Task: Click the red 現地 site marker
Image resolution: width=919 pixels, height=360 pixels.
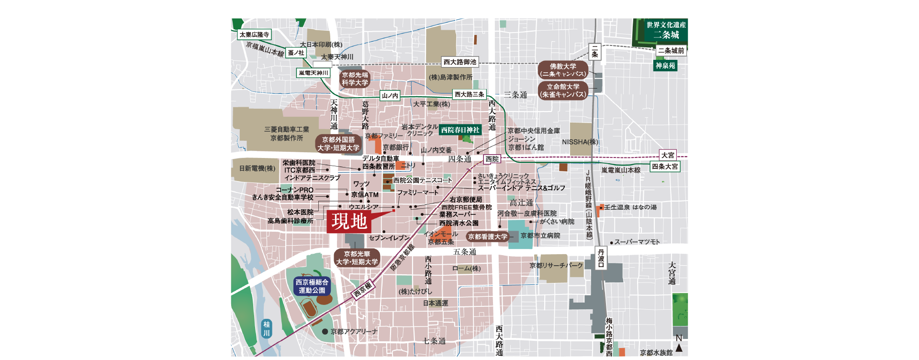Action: click(349, 222)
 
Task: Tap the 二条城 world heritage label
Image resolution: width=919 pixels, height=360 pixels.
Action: click(666, 31)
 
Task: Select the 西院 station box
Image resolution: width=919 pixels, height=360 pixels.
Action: click(492, 159)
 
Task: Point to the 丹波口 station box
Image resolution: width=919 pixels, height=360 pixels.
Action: click(601, 258)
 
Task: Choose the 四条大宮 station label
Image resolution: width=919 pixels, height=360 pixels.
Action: click(665, 167)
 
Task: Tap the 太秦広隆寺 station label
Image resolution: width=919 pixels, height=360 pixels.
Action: click(254, 34)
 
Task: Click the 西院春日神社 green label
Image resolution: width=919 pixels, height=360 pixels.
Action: click(460, 130)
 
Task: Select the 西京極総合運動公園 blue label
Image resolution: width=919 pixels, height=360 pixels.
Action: click(312, 286)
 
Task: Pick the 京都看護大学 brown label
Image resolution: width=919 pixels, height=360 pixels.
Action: click(488, 236)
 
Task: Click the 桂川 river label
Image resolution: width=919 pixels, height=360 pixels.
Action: click(267, 328)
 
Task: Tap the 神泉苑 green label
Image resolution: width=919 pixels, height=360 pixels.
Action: click(665, 66)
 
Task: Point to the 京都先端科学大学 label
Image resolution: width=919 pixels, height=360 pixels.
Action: click(355, 79)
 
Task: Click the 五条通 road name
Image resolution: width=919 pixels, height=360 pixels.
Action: click(464, 252)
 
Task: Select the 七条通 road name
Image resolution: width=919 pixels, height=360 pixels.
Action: click(434, 341)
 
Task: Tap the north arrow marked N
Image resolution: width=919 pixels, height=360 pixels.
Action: click(679, 344)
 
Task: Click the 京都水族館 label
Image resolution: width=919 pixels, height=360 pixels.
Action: click(656, 352)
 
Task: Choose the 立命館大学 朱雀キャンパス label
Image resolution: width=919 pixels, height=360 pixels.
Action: click(563, 90)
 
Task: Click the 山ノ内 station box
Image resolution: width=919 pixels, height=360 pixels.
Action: click(390, 96)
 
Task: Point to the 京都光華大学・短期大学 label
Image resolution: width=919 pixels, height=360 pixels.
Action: click(357, 258)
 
